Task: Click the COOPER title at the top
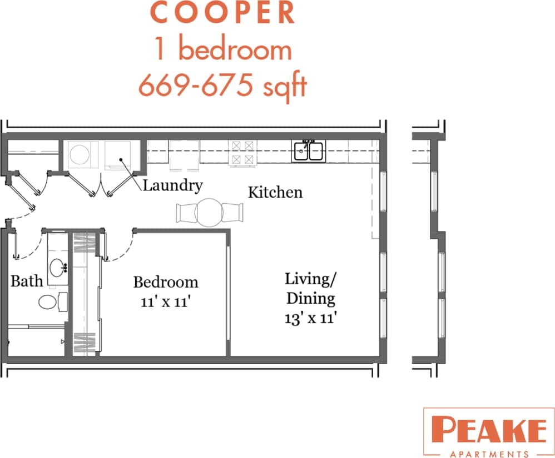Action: (222, 14)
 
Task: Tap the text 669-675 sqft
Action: (222, 85)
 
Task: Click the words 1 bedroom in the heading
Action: (222, 50)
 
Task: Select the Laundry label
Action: (172, 185)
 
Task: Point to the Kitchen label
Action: (275, 193)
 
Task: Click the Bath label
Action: (27, 281)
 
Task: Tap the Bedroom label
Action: (166, 282)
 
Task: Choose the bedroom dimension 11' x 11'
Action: (166, 303)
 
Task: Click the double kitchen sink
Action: (309, 150)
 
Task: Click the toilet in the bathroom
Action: (51, 302)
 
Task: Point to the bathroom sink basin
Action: (57, 268)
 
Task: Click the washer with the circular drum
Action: (82, 154)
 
